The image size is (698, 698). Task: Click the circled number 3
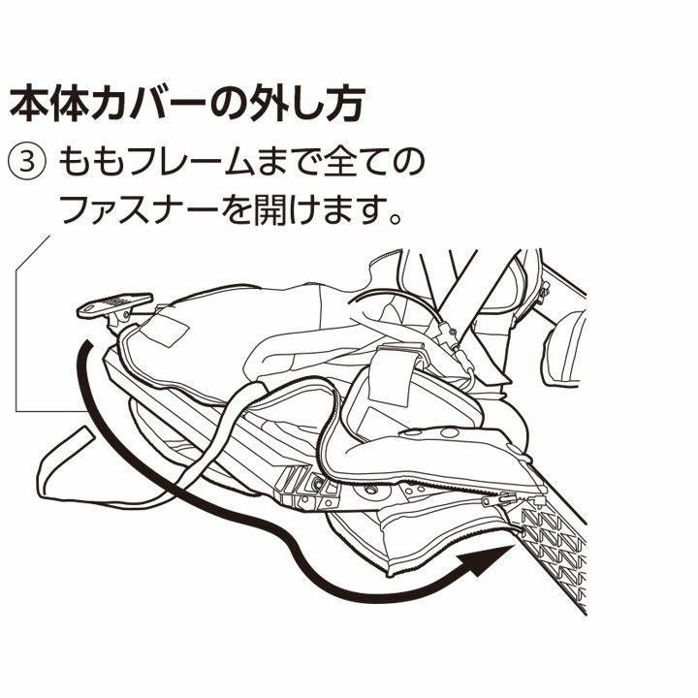pyautogui.click(x=27, y=162)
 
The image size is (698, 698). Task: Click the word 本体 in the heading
pyautogui.click(x=49, y=104)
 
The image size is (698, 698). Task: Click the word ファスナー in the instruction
pyautogui.click(x=137, y=209)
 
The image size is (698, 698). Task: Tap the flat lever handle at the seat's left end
pyautogui.click(x=114, y=304)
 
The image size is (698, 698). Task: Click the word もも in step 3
pyautogui.click(x=90, y=162)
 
